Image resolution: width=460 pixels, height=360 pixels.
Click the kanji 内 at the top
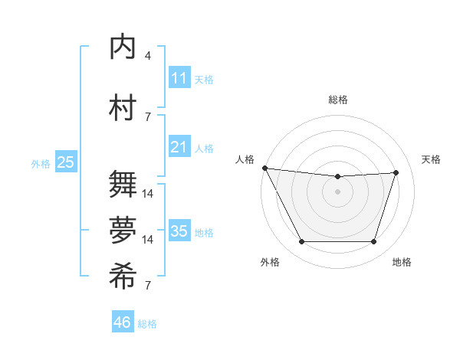(x=123, y=47)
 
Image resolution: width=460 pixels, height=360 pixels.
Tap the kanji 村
(x=123, y=108)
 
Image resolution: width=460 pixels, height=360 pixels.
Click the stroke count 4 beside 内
(x=148, y=55)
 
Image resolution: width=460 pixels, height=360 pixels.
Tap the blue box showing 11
(x=179, y=78)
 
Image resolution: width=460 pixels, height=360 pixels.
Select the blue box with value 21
(x=179, y=147)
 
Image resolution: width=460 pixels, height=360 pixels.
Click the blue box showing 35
(x=179, y=231)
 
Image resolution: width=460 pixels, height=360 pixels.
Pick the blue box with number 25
(x=65, y=162)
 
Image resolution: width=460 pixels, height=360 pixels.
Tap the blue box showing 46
(x=123, y=322)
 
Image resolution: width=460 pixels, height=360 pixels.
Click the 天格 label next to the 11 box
(x=204, y=79)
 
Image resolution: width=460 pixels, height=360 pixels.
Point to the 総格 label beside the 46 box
(x=147, y=324)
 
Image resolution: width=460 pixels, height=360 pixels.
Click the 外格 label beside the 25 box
(x=41, y=163)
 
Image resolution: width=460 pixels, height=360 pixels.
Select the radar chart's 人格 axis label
(x=245, y=159)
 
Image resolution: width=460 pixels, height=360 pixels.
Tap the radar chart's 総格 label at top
(x=337, y=100)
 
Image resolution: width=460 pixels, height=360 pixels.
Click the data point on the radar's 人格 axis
(x=264, y=168)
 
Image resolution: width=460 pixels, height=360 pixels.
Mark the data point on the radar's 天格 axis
(x=396, y=172)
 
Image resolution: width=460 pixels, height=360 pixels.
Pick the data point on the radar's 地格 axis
(x=373, y=242)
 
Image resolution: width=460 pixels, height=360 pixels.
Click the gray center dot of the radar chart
(x=337, y=191)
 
